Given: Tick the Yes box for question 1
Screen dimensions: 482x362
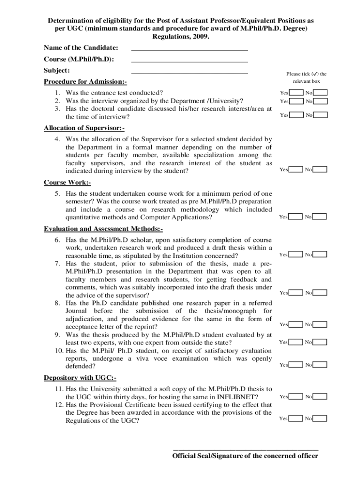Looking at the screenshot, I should [x=296, y=93].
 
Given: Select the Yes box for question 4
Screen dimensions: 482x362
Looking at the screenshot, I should [x=296, y=169].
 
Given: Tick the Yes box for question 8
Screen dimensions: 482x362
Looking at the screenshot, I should [x=296, y=324].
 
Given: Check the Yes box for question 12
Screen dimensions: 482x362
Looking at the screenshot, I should [x=296, y=418].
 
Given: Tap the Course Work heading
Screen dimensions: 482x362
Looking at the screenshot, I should [x=67, y=182].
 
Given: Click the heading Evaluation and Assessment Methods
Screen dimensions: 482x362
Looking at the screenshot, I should [x=103, y=229].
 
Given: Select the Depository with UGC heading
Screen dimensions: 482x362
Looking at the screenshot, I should [x=80, y=378].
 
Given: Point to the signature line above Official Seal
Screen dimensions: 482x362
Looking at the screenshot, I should [x=246, y=449].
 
